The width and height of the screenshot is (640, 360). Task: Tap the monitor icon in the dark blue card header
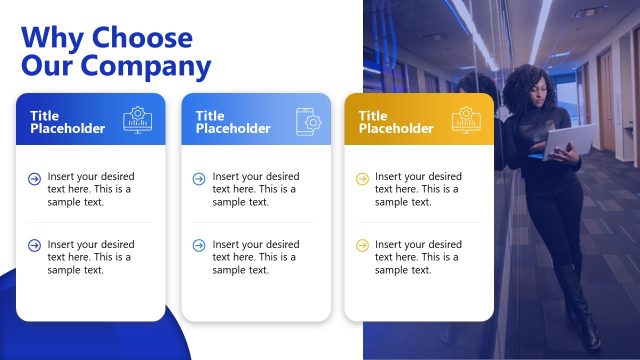click(x=138, y=120)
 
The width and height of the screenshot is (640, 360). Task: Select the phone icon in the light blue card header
click(x=309, y=121)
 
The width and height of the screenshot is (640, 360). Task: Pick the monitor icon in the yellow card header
click(x=465, y=120)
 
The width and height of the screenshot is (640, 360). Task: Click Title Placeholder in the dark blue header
click(x=67, y=122)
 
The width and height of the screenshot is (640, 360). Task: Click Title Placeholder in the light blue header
click(x=233, y=122)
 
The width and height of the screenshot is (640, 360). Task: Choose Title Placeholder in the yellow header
click(x=396, y=122)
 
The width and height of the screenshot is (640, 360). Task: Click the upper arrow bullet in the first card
click(x=35, y=178)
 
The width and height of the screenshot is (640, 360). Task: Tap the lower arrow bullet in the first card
click(x=35, y=245)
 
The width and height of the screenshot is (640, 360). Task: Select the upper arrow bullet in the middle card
click(x=198, y=178)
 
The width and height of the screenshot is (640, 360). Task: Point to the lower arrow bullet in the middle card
click(x=198, y=245)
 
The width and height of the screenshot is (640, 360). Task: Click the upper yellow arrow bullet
click(x=362, y=178)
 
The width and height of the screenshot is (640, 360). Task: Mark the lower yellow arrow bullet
click(x=362, y=245)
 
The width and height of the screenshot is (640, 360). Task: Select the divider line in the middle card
click(x=255, y=222)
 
